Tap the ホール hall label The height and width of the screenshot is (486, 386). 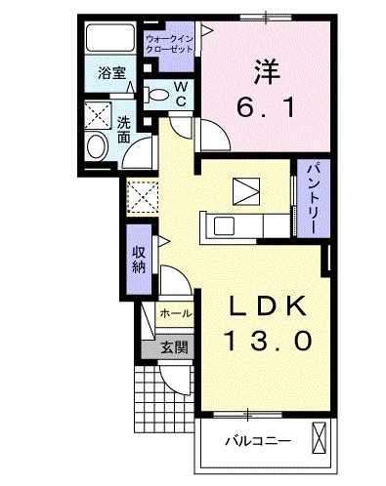tap(175, 313)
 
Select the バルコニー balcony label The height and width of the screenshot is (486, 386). tap(256, 441)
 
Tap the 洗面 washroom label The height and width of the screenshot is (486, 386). tap(124, 130)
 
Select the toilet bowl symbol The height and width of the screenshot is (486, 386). tap(157, 95)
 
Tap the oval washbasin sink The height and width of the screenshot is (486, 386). tap(97, 147)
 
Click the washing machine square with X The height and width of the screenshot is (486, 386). tap(98, 114)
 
